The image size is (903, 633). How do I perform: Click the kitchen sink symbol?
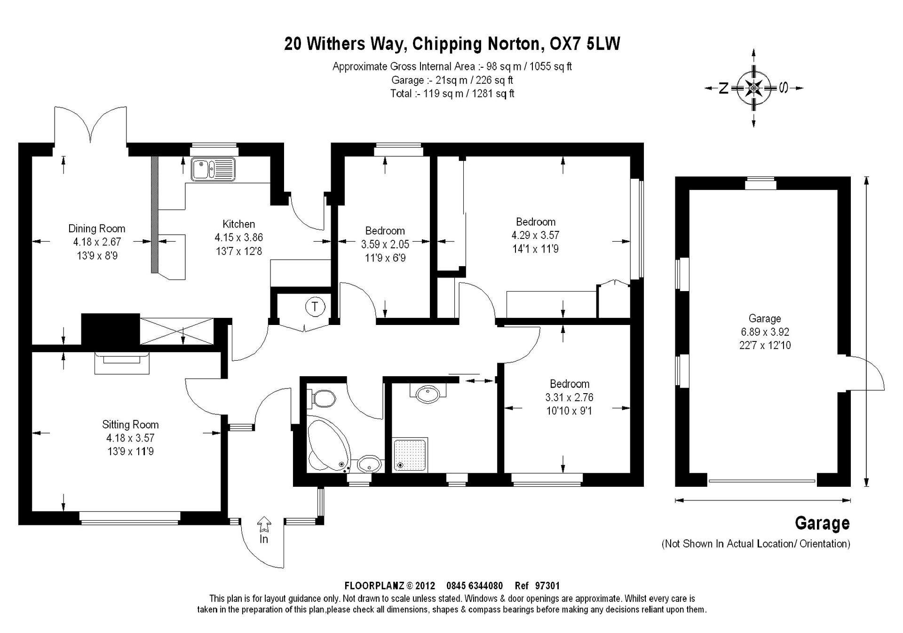[x=213, y=169]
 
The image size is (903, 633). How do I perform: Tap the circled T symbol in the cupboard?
[x=315, y=307]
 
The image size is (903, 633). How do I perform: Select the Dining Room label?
[x=97, y=229]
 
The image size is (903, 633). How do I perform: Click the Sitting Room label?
[x=130, y=425]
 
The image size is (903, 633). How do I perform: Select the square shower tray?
[x=411, y=455]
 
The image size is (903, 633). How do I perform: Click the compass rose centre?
[x=754, y=88]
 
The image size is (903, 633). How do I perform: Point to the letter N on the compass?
[x=724, y=88]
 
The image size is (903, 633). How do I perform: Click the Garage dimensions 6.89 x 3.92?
[x=765, y=332]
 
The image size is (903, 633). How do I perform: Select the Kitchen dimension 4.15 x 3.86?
[x=239, y=237]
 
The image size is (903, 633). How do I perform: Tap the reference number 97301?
[x=547, y=586]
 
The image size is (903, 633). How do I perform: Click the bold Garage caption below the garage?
[x=822, y=523]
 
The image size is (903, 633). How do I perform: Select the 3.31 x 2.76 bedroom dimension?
[x=570, y=397]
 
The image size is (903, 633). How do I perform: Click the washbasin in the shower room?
[x=428, y=394]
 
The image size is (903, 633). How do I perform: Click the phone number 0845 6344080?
[x=475, y=586]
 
